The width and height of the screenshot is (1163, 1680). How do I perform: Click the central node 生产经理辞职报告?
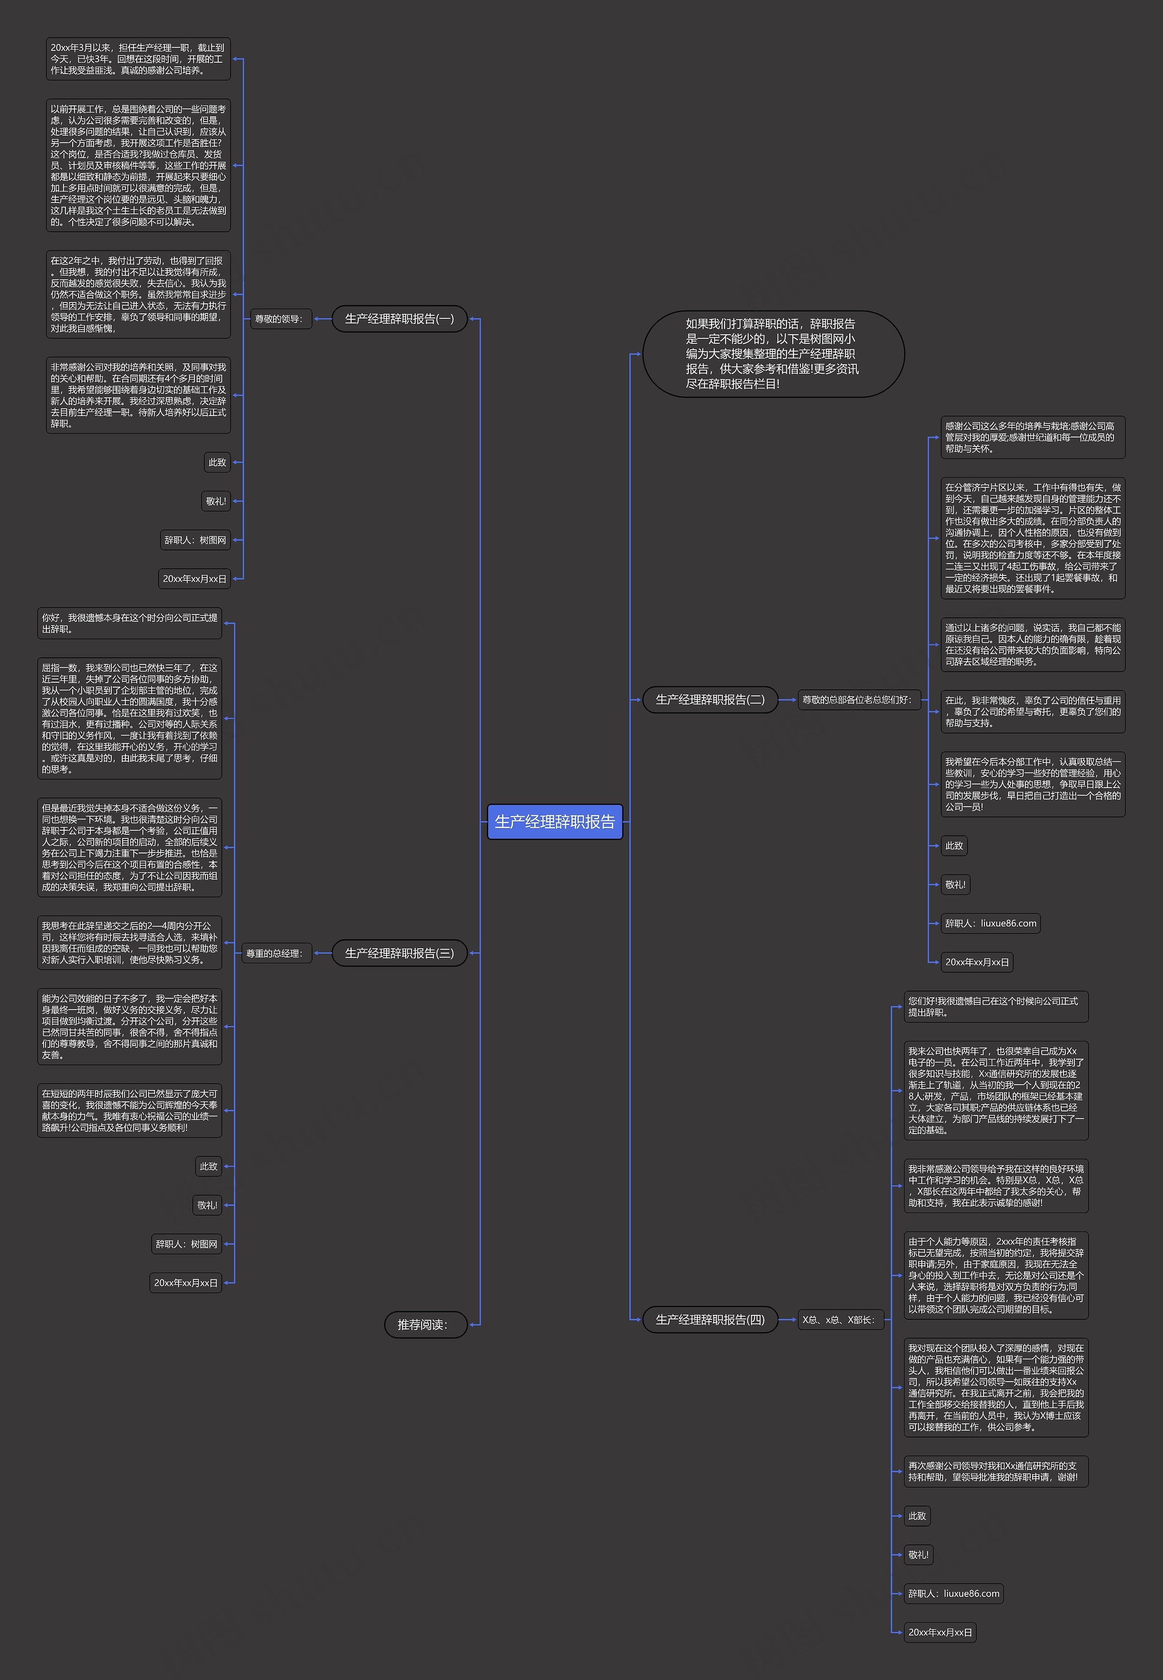tap(555, 822)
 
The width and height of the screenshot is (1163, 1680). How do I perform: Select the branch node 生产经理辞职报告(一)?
tap(399, 319)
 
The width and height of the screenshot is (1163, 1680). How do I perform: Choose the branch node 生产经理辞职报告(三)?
tap(399, 953)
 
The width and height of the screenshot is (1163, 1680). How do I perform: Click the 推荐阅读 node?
tap(426, 1324)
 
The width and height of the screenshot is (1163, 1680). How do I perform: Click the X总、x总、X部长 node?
tap(840, 1319)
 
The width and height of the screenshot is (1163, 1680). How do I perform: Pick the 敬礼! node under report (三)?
tap(207, 1205)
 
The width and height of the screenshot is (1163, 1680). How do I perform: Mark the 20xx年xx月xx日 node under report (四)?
tap(939, 1632)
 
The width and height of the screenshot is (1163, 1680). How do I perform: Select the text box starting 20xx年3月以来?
tap(138, 59)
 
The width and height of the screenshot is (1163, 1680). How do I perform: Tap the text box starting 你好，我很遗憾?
tap(129, 624)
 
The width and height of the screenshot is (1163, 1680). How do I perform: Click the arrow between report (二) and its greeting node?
tap(788, 699)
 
